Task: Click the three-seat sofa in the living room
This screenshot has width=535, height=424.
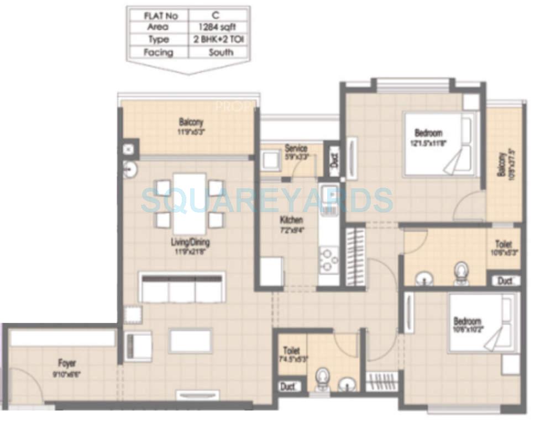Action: click(182, 287)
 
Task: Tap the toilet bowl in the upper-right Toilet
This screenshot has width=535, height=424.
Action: click(460, 272)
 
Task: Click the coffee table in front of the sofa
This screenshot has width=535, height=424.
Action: click(190, 340)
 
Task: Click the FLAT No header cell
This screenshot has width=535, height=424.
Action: click(158, 15)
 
